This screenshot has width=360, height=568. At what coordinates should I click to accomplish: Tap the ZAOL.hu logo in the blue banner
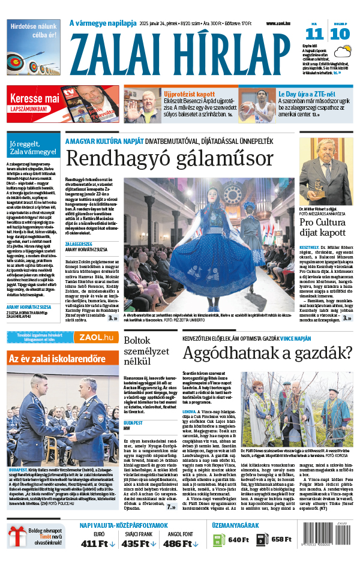(x=100, y=337)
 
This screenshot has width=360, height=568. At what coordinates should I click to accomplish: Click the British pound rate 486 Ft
(x=180, y=543)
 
